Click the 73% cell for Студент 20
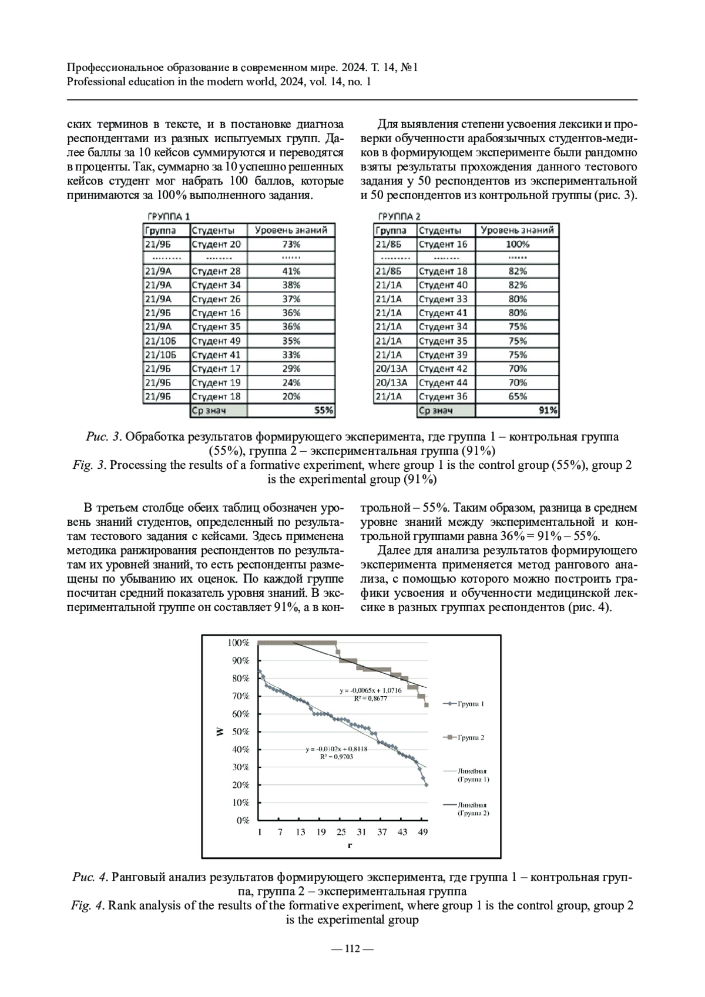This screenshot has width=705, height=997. [x=291, y=244]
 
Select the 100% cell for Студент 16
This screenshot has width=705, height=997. [x=517, y=244]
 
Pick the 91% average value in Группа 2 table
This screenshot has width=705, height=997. [x=548, y=411]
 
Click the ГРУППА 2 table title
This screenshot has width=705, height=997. [x=399, y=217]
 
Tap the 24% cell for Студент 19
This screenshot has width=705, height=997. [x=291, y=382]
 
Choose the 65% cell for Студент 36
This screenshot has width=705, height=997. [x=517, y=397]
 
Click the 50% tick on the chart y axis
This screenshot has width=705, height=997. [x=241, y=732]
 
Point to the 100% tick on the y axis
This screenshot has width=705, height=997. [x=239, y=643]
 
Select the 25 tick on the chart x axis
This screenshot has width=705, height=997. [x=341, y=832]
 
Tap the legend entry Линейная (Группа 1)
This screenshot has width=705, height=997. [x=472, y=775]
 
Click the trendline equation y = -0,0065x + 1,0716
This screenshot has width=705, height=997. [x=371, y=690]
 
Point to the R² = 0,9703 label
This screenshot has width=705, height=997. [x=336, y=757]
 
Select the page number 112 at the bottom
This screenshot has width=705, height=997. [x=352, y=948]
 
